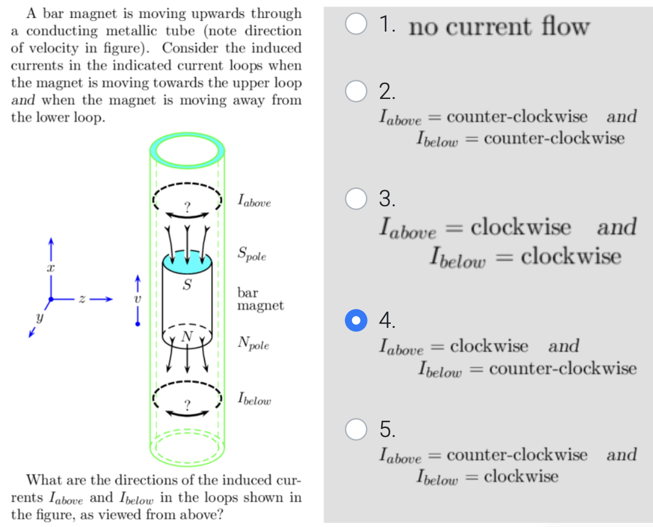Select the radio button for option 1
pyautogui.click(x=356, y=26)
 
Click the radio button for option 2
pyautogui.click(x=356, y=91)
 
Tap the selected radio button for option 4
pyautogui.click(x=356, y=321)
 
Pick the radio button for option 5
pyautogui.click(x=356, y=429)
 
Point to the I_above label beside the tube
pyautogui.click(x=254, y=201)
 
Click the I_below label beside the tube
pyautogui.click(x=254, y=399)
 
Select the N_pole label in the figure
pyautogui.click(x=253, y=343)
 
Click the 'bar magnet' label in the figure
pyautogui.click(x=260, y=299)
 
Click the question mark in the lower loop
pyautogui.click(x=187, y=405)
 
